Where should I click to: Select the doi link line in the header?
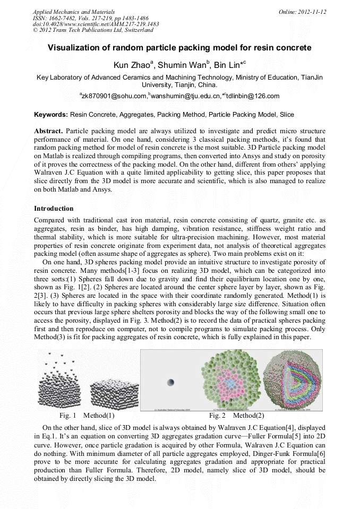96,24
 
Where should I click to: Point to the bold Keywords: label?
51,114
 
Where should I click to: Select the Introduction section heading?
54,209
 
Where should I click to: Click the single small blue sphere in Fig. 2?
170,383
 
